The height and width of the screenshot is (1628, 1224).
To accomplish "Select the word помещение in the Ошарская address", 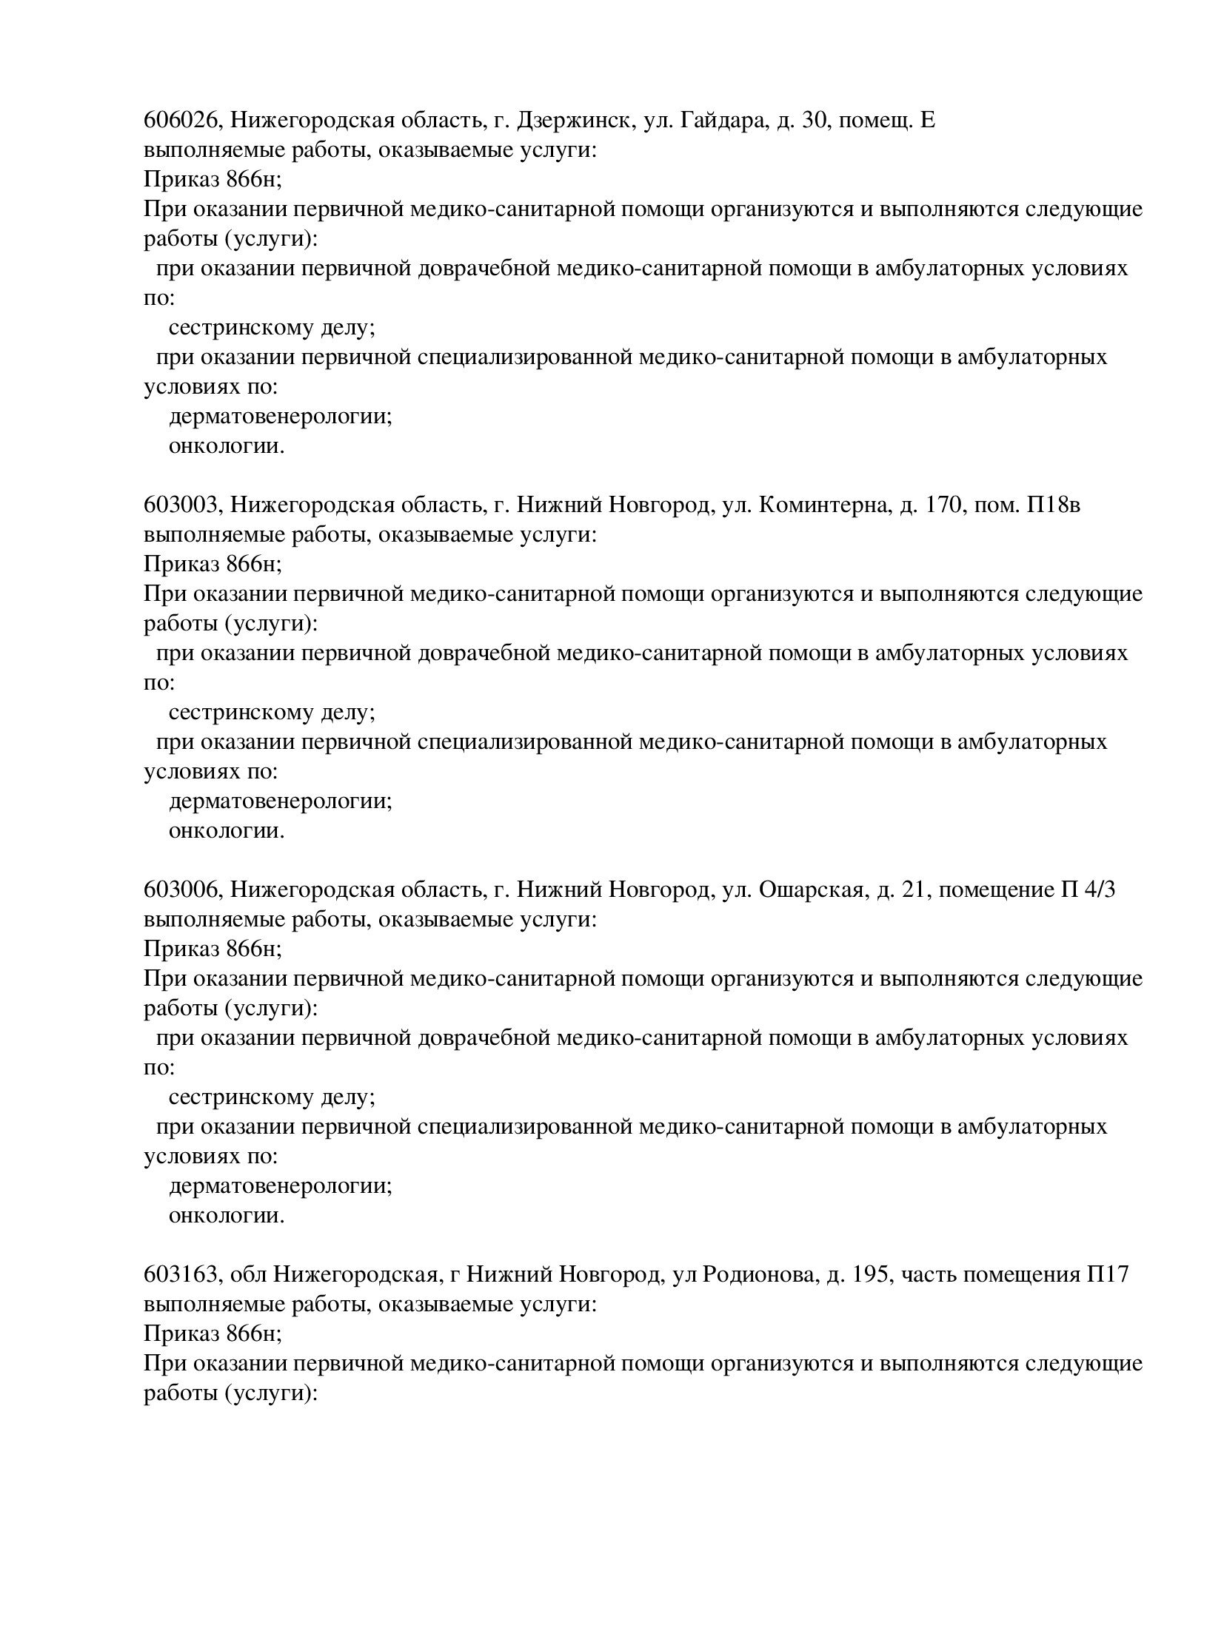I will [997, 890].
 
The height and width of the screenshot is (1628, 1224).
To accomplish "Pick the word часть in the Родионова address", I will [927, 1275].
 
